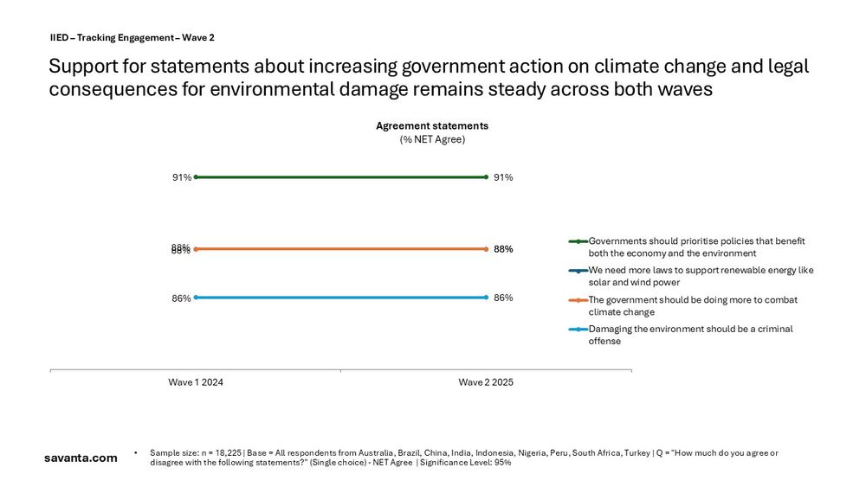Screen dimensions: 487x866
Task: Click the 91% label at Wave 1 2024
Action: tap(181, 177)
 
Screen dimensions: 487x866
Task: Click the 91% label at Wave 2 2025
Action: tap(503, 177)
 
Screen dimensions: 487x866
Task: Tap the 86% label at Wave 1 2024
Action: tap(181, 298)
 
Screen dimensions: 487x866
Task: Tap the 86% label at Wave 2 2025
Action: tap(503, 298)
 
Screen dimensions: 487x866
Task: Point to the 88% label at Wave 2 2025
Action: tap(503, 249)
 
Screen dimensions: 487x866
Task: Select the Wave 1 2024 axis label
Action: tap(196, 382)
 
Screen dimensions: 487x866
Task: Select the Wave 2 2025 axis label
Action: tap(486, 382)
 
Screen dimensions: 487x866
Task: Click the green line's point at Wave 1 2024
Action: tap(196, 177)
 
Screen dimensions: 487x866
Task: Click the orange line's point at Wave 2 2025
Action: tap(487, 249)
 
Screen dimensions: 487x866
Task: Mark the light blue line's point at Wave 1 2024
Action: tap(196, 298)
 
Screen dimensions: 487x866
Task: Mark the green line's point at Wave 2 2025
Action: tap(487, 177)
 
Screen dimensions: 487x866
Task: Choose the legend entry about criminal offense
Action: tap(690, 335)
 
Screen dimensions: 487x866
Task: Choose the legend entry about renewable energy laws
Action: tap(700, 276)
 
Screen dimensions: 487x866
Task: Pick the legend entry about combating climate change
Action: tap(693, 305)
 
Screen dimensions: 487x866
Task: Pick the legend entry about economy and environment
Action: tap(696, 247)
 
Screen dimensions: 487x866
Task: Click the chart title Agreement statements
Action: tap(431, 126)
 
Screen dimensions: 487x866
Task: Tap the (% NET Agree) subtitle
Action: tap(431, 140)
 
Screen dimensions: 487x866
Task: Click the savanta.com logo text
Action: tap(81, 458)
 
